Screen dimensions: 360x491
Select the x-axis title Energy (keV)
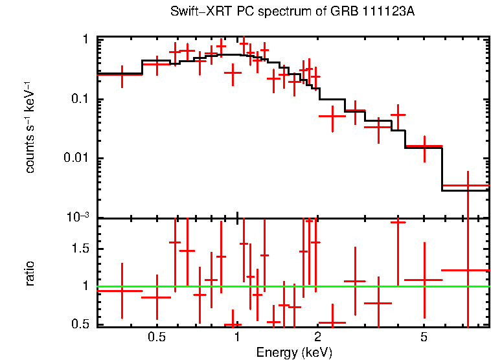pos(294,352)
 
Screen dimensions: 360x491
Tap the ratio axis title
pos(30,273)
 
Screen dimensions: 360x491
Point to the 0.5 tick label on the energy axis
pos(156,337)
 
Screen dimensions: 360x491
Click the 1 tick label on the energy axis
pos(238,337)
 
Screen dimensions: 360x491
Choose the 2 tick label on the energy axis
pos(318,337)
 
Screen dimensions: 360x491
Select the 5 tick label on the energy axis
pos(424,337)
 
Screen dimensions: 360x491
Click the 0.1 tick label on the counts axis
pos(79,99)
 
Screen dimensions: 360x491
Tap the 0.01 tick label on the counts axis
pos(76,159)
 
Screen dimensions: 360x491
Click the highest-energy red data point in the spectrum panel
pos(467,186)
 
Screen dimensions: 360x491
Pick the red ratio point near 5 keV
pos(424,280)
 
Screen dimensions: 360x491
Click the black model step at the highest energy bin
pos(465,190)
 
